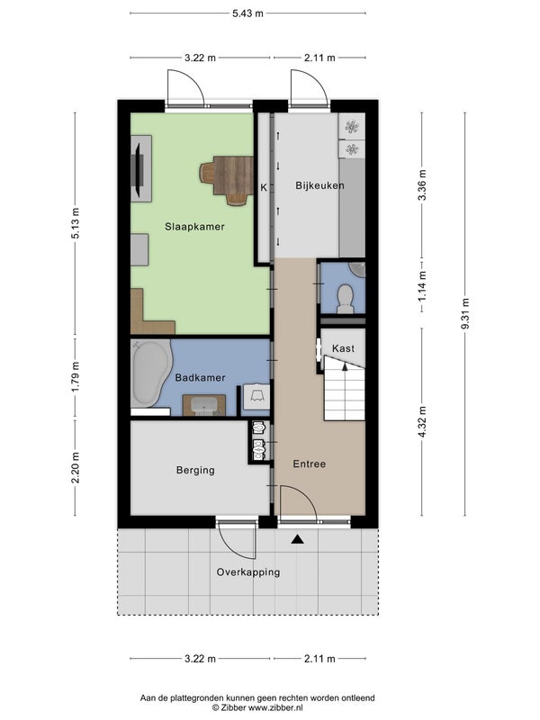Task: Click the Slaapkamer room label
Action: pos(194,227)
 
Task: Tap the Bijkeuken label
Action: pos(319,186)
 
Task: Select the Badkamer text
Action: pos(200,378)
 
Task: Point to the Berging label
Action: pos(195,470)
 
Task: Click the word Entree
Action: pos(309,463)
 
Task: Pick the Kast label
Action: pos(343,348)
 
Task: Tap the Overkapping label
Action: pos(248,572)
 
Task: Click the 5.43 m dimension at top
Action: pos(248,13)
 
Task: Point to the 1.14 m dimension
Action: pos(422,286)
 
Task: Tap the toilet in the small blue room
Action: pos(345,299)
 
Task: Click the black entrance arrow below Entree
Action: pos(298,539)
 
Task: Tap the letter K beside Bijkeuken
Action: pos(264,187)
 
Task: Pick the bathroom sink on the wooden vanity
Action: pos(204,406)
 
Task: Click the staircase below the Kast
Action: pos(345,390)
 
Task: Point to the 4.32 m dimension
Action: pos(422,421)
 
